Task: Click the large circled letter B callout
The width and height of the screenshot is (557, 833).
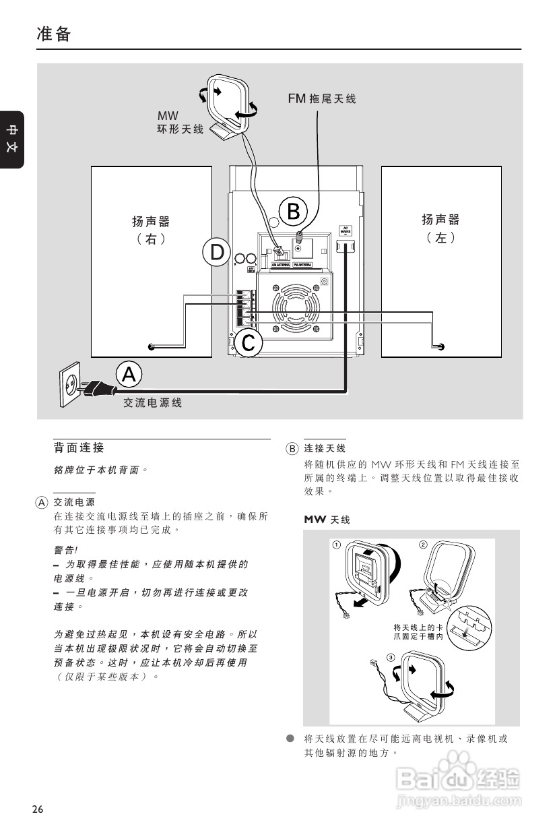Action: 294,211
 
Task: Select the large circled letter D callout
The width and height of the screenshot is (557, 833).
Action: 217,252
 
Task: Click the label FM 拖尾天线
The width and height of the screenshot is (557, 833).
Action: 322,99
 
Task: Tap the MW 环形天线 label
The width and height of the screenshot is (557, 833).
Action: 180,123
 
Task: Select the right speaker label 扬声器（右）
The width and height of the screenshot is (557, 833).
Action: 151,229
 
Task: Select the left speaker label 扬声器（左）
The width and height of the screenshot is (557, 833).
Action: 440,228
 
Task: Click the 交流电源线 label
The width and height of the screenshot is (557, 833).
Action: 152,403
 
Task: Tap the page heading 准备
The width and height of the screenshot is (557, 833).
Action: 54,34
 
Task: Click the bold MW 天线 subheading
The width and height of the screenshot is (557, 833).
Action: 327,520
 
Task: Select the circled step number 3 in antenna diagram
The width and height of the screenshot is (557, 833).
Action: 391,657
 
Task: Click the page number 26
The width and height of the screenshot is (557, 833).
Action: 38,809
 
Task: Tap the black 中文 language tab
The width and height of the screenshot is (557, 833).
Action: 12,139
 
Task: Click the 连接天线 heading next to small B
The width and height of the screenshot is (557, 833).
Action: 325,448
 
